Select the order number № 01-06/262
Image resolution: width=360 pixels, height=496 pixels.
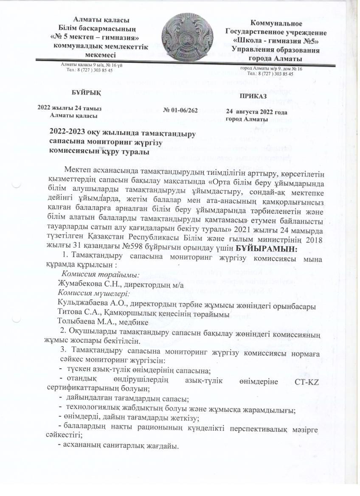pyautogui.click(x=180, y=110)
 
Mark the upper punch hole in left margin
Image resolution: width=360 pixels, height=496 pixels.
pyautogui.click(x=16, y=185)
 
